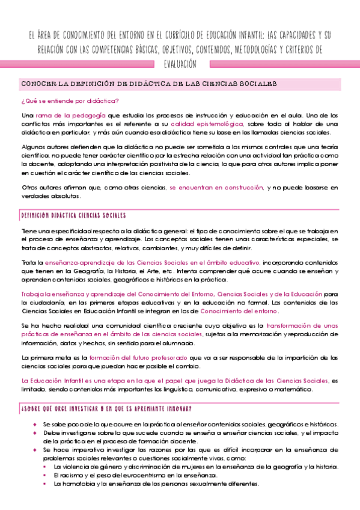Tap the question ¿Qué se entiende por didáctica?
70,100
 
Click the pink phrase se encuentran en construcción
216,188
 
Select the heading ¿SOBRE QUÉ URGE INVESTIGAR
106,409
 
